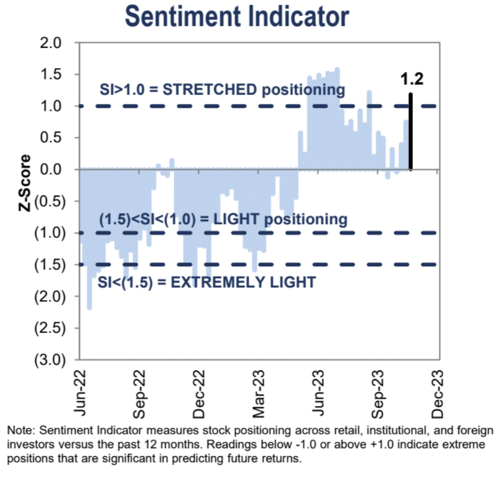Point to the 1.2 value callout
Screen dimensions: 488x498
(412, 79)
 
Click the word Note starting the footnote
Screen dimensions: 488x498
(18, 430)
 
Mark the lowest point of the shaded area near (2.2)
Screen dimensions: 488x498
(89, 308)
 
